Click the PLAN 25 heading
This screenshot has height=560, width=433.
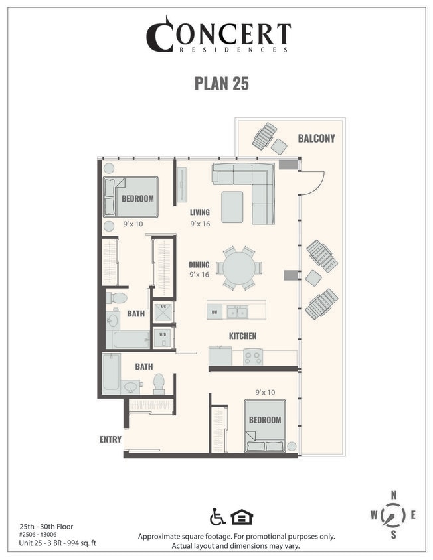(220, 84)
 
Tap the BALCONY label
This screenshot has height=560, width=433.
(316, 139)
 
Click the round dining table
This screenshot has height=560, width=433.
(240, 268)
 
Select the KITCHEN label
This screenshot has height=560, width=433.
(242, 336)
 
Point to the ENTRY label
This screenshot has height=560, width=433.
(110, 439)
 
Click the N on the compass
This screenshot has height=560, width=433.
(394, 495)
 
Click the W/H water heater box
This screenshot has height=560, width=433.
(162, 338)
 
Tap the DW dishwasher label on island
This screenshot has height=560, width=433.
(215, 311)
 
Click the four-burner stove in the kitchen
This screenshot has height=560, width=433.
(252, 357)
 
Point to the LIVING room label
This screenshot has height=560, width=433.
(199, 212)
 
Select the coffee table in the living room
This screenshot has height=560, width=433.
(233, 207)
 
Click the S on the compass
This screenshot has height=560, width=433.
(394, 534)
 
